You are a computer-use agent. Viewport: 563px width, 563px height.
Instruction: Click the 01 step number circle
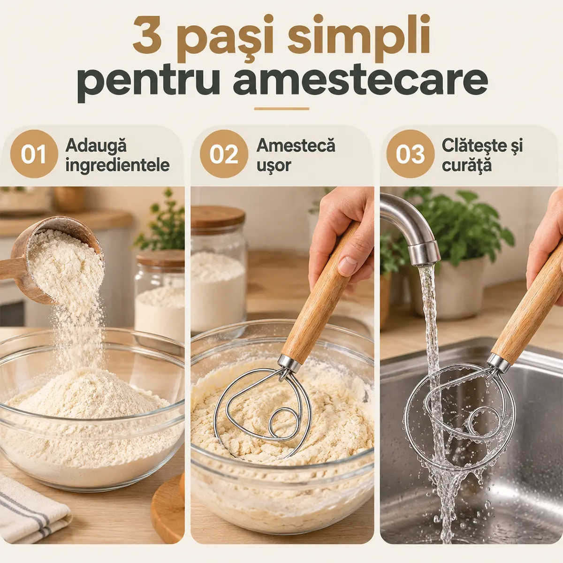34,154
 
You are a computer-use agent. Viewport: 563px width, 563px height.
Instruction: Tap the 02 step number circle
224,154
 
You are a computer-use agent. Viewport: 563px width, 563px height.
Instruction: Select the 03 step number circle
410,154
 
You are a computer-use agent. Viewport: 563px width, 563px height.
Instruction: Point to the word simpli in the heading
359,38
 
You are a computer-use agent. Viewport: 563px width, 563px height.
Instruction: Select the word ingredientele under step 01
117,166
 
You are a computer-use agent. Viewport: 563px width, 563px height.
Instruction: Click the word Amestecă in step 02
296,145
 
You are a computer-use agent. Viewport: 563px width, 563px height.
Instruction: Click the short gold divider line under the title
281,109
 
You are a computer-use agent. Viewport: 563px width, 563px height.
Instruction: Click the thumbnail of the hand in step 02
348,266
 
